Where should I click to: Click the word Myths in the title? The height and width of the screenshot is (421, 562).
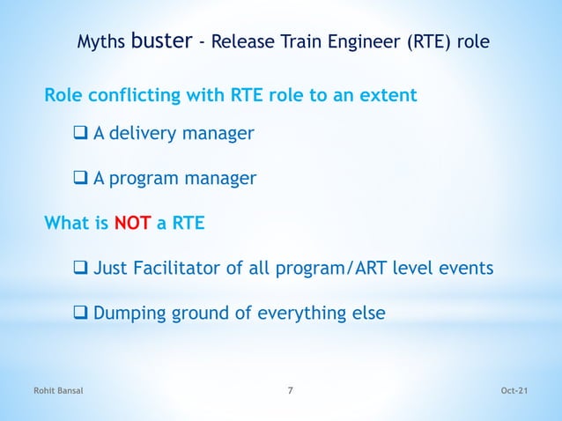coord(101,41)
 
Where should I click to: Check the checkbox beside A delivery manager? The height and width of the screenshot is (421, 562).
coord(79,134)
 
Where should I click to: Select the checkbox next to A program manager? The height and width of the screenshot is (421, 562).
coord(79,180)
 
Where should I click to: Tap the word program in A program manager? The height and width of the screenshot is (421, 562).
coord(145,180)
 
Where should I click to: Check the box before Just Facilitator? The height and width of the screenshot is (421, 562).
coord(79,268)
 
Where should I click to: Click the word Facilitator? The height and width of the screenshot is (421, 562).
coord(184,268)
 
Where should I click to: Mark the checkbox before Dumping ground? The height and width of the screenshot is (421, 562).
coord(79,313)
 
